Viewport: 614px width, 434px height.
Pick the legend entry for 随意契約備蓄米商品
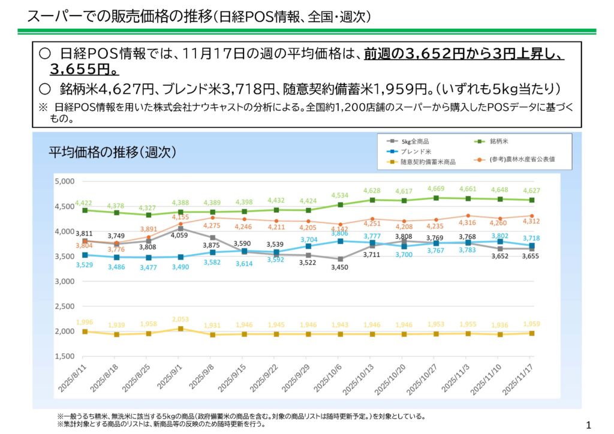click(428, 162)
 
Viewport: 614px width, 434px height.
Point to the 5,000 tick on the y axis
click(64, 181)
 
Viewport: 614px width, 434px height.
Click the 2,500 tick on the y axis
click(64, 306)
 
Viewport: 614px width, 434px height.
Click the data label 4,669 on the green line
click(436, 189)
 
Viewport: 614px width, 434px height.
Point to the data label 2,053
click(181, 320)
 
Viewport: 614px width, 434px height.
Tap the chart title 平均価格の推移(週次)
click(112, 153)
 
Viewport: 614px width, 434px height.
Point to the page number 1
click(588, 425)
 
